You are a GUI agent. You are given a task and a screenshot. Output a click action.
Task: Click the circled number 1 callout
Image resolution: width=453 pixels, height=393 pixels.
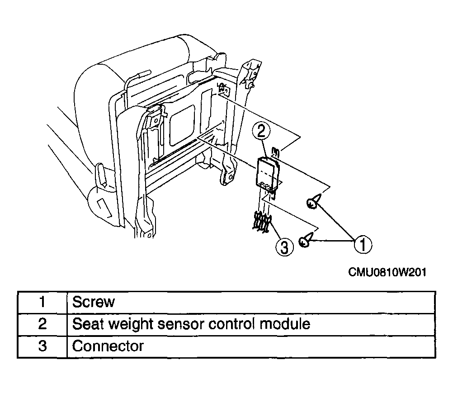coord(362,245)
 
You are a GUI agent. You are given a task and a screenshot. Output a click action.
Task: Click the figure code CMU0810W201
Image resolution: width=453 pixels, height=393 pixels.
coord(387,272)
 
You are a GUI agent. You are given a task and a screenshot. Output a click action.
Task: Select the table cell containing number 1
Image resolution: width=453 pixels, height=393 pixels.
coord(42,302)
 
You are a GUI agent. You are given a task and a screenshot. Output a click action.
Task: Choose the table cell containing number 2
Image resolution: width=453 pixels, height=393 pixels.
coord(42,324)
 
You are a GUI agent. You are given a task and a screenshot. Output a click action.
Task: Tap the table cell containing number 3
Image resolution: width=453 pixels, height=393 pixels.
coord(42,346)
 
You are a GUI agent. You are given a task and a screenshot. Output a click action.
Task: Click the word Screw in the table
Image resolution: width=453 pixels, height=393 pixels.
coord(93,302)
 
